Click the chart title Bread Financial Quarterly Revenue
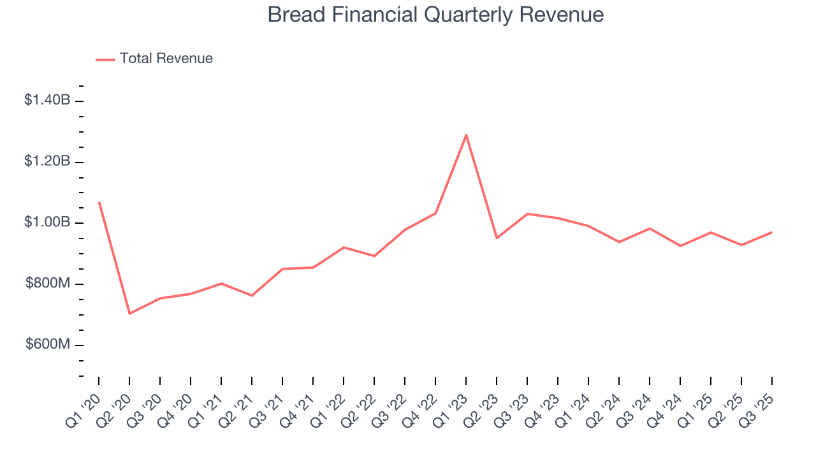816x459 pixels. [x=435, y=14]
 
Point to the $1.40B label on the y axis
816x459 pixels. [x=47, y=100]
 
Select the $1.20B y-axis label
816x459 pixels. [x=47, y=161]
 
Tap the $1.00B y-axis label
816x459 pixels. [x=47, y=222]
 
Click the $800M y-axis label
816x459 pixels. [x=48, y=284]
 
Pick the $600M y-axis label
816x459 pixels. [x=48, y=345]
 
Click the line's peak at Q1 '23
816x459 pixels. [x=466, y=135]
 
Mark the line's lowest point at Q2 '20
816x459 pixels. [x=129, y=314]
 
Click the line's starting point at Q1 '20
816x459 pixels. [x=99, y=202]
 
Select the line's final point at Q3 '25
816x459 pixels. [x=772, y=232]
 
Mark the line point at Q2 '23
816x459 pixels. [x=497, y=238]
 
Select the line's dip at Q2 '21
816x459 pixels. [x=252, y=296]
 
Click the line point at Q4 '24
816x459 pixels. [x=680, y=246]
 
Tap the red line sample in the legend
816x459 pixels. [x=105, y=59]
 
